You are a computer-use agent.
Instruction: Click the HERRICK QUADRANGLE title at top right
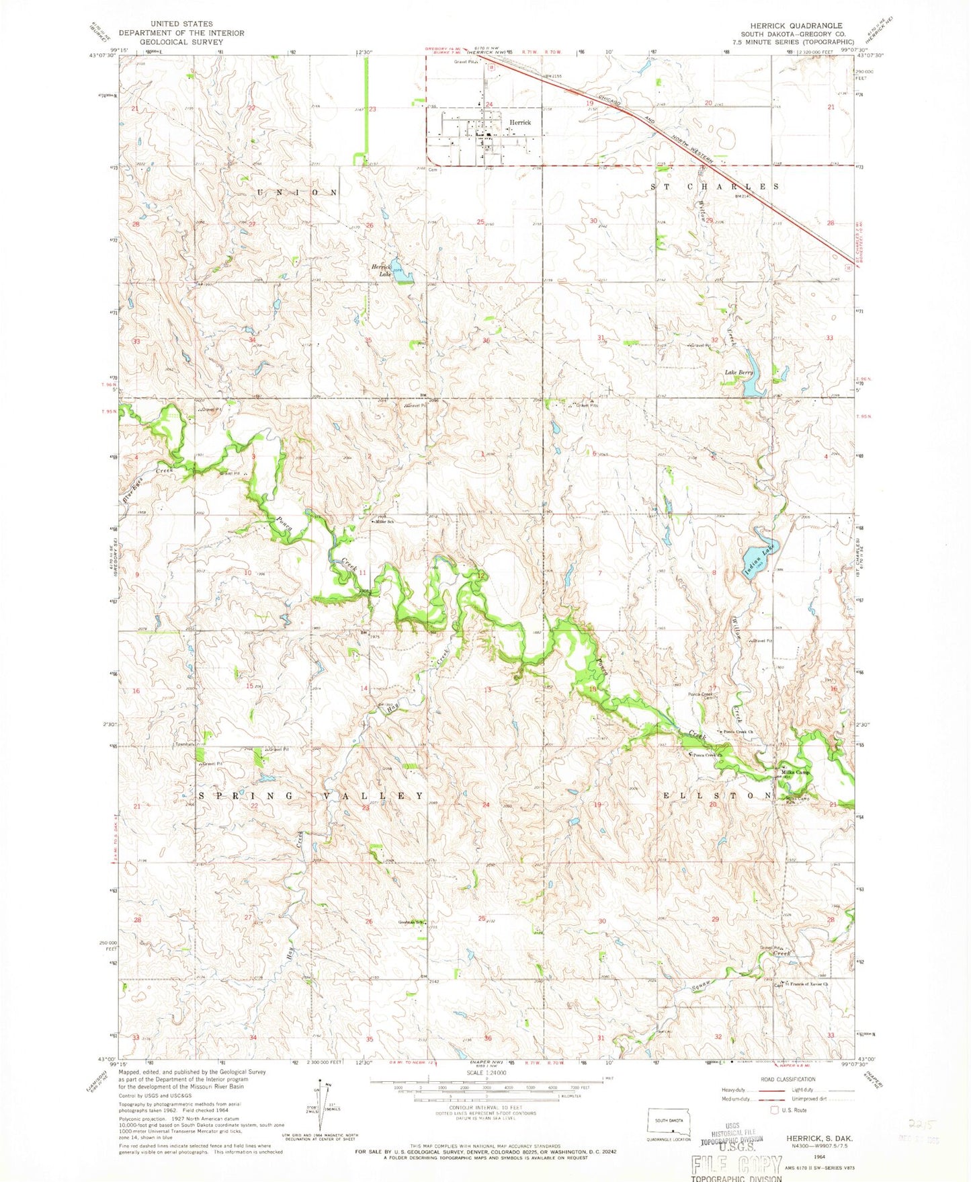(792, 26)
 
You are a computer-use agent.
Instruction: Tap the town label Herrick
(520, 122)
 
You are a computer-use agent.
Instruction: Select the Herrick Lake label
(381, 270)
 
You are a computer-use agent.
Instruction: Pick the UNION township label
(296, 192)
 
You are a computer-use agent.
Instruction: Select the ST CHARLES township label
(715, 186)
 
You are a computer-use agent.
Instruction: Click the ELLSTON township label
(718, 795)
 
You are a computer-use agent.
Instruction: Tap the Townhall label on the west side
(185, 744)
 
